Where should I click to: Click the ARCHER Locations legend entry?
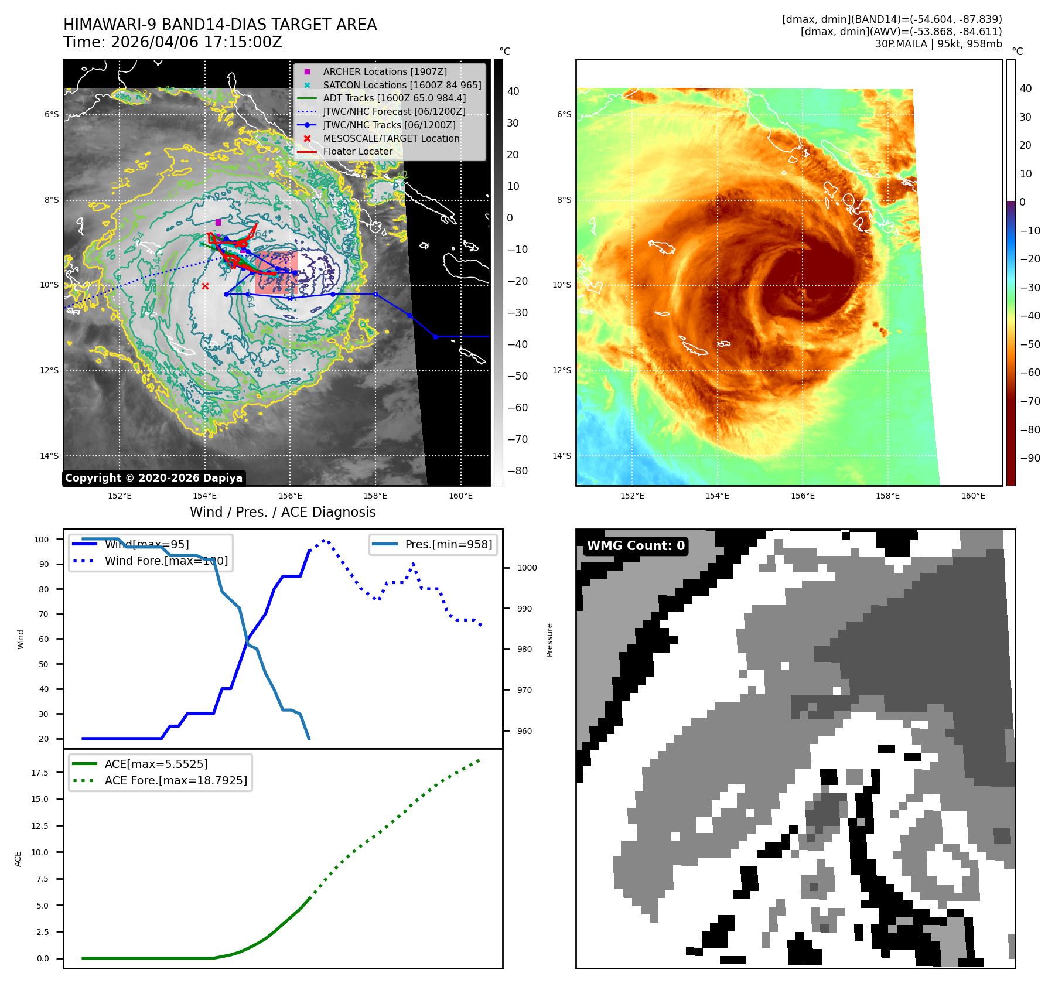384,71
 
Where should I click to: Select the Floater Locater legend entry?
357,151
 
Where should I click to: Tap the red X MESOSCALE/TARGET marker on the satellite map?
205,286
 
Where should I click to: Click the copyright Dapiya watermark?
153,478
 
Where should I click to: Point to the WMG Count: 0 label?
636,546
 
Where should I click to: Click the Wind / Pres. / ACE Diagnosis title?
282,512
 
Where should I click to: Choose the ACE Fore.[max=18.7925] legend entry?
176,780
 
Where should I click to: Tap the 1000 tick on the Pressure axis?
527,568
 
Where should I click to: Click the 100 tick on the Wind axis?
42,540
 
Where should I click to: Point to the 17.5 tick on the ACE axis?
40,773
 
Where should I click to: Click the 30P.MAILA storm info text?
938,44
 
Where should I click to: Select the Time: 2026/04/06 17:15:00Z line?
173,42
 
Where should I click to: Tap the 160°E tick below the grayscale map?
460,496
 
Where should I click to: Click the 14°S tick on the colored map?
562,456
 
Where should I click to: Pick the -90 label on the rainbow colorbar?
1030,458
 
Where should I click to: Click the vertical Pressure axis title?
549,640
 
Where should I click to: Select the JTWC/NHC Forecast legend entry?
394,111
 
